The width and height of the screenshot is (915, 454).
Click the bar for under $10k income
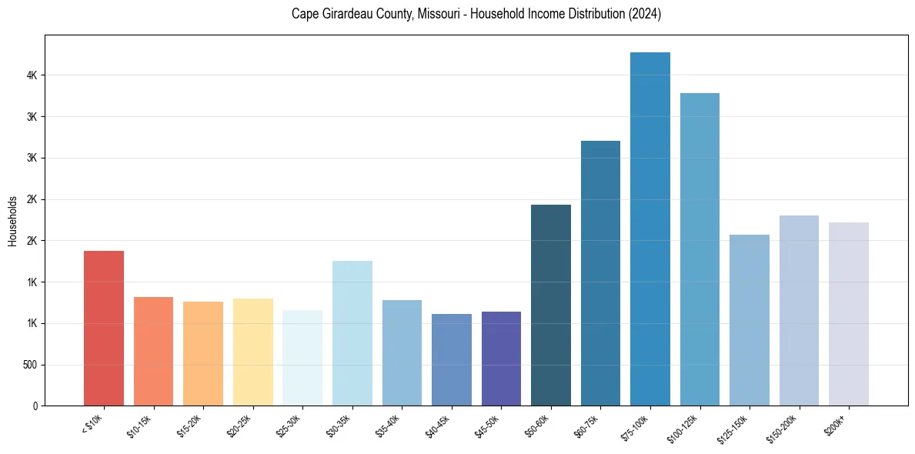(x=104, y=329)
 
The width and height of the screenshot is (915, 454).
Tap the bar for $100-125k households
(x=700, y=249)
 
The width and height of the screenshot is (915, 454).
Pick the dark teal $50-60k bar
(x=551, y=305)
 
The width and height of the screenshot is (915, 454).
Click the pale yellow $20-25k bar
(x=253, y=352)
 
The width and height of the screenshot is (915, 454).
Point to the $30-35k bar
(x=352, y=333)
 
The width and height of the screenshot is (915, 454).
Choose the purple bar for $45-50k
(x=501, y=359)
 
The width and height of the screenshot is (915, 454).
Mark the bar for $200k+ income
(x=849, y=314)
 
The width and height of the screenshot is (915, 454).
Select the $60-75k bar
(x=600, y=273)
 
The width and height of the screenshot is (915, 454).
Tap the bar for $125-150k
(x=750, y=320)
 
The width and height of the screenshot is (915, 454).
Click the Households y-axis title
(x=12, y=222)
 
